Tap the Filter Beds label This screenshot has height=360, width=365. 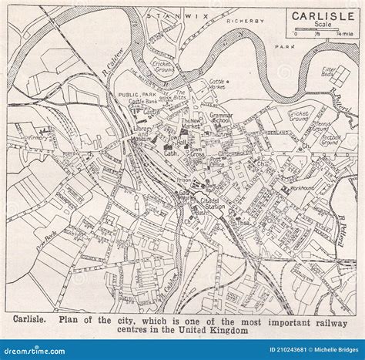click(x=330, y=72)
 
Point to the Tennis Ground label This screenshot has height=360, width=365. click(x=320, y=125)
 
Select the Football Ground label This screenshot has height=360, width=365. click(x=330, y=140)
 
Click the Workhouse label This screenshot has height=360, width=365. click(x=301, y=188)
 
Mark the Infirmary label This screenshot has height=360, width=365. click(x=37, y=139)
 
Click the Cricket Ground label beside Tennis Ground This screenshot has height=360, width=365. click(x=299, y=116)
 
